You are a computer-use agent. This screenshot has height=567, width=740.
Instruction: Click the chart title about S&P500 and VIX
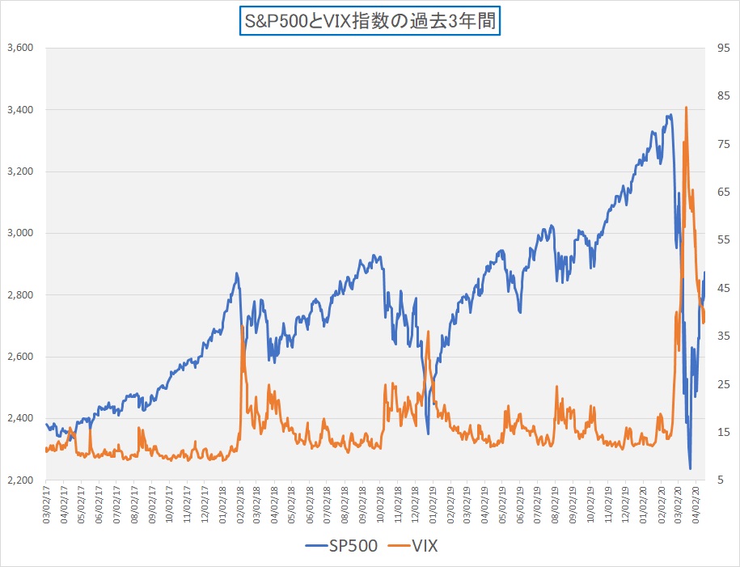pos(370,19)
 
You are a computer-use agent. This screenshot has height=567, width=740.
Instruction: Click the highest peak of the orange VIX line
pos(686,107)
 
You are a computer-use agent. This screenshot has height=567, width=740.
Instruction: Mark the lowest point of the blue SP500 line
pos(690,468)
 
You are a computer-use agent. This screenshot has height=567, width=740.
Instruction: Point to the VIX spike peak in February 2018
pos(243,326)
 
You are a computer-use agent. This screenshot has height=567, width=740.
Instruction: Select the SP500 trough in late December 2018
pos(428,434)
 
